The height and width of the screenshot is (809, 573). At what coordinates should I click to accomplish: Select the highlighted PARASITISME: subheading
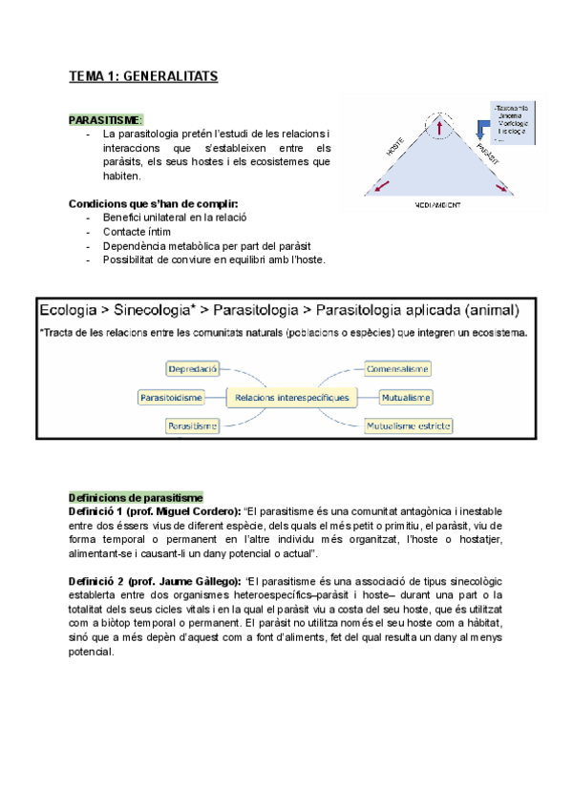click(106, 119)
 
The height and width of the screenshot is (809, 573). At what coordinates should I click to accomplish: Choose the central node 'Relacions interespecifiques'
click(287, 396)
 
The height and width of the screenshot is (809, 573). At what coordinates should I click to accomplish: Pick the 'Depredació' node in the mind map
click(192, 368)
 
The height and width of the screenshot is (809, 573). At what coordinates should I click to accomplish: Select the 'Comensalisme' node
click(397, 368)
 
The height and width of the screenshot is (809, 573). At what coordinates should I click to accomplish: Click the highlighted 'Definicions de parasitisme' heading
click(136, 497)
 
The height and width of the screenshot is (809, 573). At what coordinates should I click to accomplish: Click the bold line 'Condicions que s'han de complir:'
click(153, 203)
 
